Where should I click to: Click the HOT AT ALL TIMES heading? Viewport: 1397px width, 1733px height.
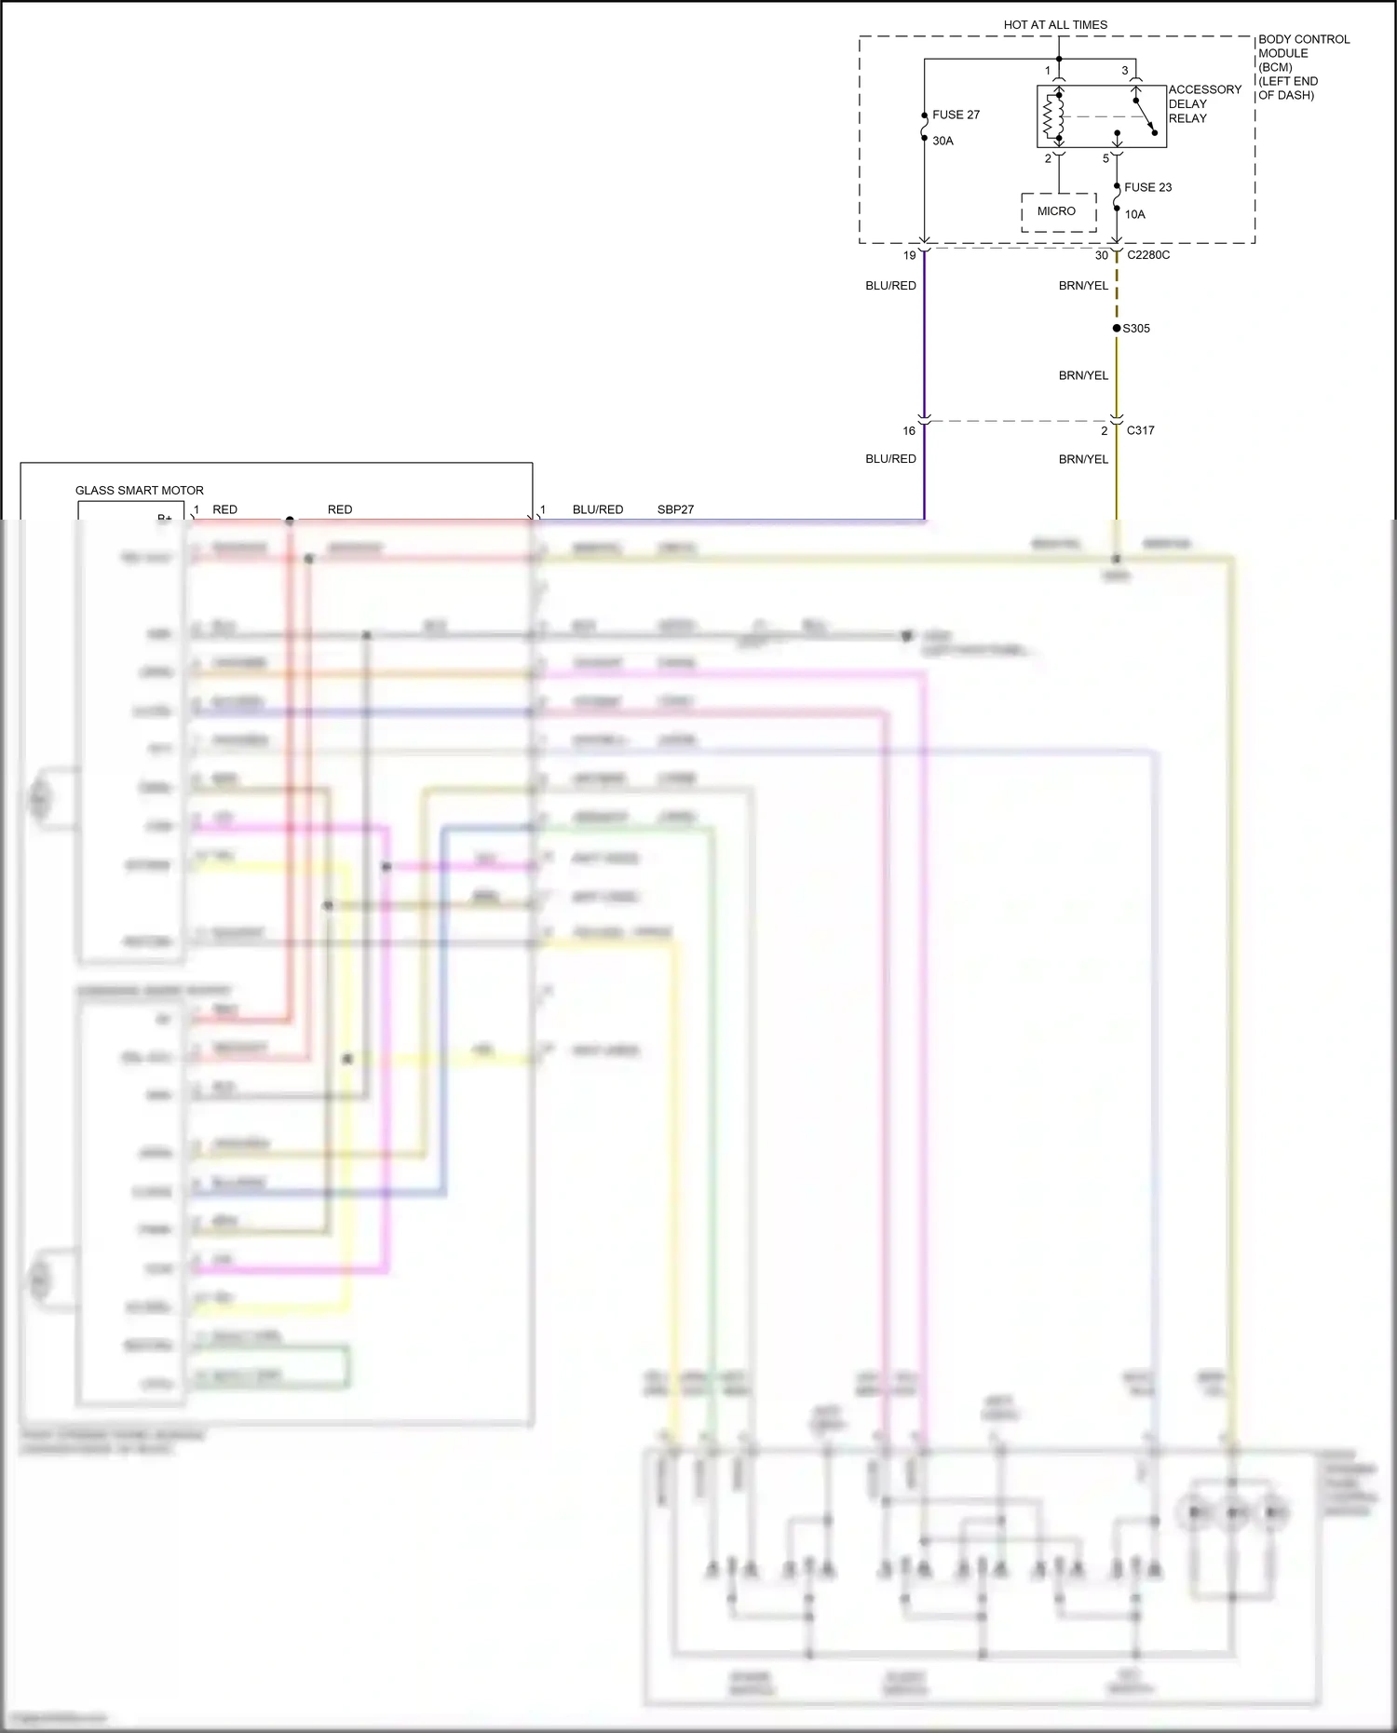click(x=1055, y=25)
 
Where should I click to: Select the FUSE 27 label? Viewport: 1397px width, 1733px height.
click(x=956, y=115)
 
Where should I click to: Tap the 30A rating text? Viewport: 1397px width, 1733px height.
click(x=943, y=141)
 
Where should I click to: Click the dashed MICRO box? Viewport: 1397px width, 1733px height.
click(x=1058, y=211)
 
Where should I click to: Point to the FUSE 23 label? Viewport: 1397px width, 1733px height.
click(x=1147, y=187)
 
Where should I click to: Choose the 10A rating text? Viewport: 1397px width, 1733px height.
click(x=1134, y=214)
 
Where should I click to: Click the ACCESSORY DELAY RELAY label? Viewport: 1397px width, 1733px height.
click(x=1204, y=103)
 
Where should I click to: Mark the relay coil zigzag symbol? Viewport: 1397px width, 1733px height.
click(x=1053, y=116)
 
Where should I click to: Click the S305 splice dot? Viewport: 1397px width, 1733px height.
click(x=1117, y=328)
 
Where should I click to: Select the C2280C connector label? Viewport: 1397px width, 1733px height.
click(x=1148, y=255)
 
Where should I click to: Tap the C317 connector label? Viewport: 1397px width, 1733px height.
click(x=1140, y=430)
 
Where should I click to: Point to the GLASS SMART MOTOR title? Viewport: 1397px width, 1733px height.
click(x=140, y=490)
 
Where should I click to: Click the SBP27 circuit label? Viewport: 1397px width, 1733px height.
click(x=675, y=509)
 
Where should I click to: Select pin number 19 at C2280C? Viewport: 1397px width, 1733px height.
click(x=909, y=255)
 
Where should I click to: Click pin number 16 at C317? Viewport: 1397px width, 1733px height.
click(x=909, y=430)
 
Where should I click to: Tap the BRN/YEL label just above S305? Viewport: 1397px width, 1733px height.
click(x=1083, y=286)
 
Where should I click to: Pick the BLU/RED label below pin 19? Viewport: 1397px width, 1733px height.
click(x=890, y=286)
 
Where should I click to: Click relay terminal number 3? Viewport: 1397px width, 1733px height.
click(x=1124, y=71)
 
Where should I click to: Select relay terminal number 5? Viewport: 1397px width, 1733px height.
click(x=1105, y=159)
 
